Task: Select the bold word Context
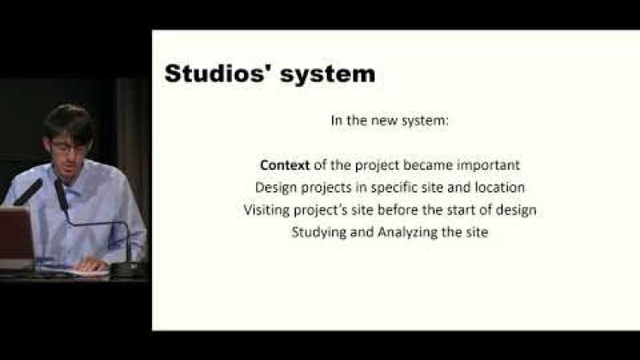[285, 165]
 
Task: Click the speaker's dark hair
[69, 121]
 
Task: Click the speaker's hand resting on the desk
[92, 265]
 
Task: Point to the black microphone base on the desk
[127, 270]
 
